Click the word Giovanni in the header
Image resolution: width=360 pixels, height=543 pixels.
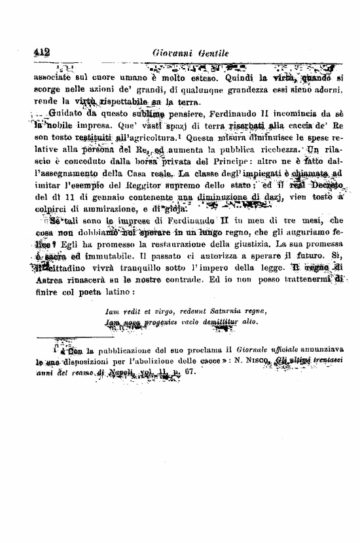[x=170, y=54]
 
